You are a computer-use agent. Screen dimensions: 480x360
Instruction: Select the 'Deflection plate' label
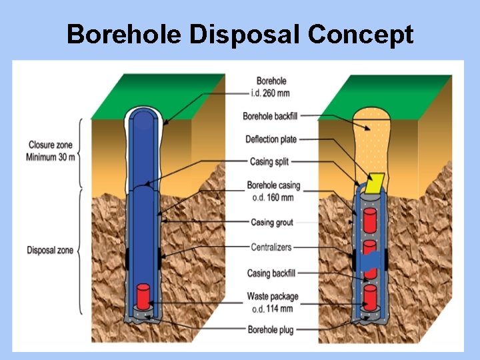[271, 139]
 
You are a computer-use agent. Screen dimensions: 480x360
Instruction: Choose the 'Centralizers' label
[271, 247]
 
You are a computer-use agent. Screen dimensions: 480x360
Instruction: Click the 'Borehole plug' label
[272, 329]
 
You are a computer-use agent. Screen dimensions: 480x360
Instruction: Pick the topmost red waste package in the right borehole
[369, 219]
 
